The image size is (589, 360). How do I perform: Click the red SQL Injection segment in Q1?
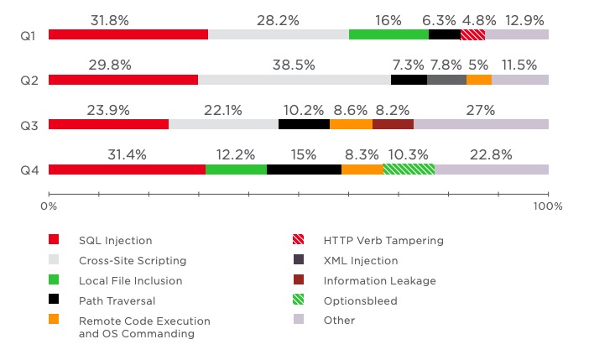coord(128,34)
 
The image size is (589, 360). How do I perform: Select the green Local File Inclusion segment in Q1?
coord(388,34)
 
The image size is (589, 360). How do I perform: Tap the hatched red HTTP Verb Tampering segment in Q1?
coord(472,34)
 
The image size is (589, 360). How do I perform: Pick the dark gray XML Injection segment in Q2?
coord(446,80)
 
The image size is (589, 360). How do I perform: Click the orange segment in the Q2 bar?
coord(478,80)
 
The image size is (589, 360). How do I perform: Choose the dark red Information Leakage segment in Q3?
coord(393,124)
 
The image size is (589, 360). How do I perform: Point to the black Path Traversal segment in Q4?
coord(304,170)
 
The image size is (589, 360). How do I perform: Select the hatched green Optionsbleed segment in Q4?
coord(409,170)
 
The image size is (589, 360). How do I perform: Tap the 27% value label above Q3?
coord(481,110)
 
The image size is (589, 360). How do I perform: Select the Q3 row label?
coord(29,125)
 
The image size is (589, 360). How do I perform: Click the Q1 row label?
coord(29,35)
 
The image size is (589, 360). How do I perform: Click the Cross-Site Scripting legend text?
coord(133,261)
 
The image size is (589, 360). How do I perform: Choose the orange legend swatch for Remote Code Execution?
coord(55,320)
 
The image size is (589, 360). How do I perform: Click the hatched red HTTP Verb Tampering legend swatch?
coord(297,241)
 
